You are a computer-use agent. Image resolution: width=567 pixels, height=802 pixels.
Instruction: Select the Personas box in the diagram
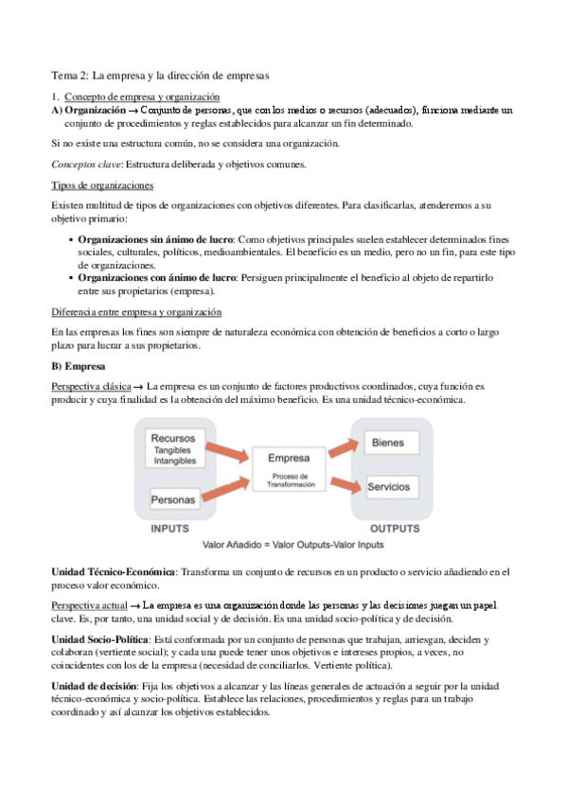tap(173, 498)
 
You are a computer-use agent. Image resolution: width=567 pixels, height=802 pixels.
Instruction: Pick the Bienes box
tap(389, 443)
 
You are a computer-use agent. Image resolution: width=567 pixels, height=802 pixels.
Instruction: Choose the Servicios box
tap(389, 486)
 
